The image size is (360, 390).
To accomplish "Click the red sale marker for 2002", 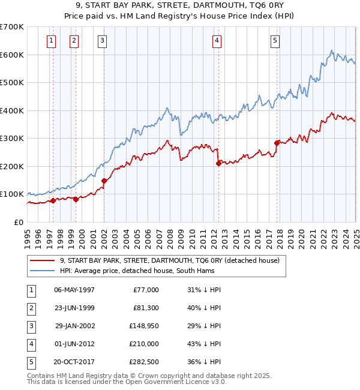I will (x=104, y=181).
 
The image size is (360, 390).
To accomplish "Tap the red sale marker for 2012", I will (x=218, y=163).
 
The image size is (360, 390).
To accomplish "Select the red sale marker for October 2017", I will (x=277, y=143).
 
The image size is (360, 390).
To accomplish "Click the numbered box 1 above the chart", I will (x=51, y=41).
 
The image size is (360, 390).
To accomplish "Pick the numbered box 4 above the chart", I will (x=216, y=41).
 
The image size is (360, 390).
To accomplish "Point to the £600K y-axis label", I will (x=12, y=55).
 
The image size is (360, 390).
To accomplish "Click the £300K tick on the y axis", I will (x=12, y=138).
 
